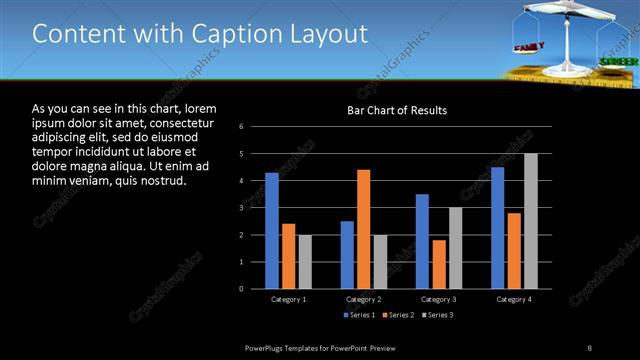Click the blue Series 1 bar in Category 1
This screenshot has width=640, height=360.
(272, 231)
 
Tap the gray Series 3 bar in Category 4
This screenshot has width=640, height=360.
(531, 221)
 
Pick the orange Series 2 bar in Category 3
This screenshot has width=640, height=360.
(438, 264)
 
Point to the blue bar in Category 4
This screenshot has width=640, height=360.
(497, 228)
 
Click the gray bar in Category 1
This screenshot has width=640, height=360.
(305, 262)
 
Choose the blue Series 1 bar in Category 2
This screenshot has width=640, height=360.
(347, 255)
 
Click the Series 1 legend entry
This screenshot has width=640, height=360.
(360, 316)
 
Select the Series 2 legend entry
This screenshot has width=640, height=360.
(396, 316)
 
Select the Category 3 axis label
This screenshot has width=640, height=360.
(438, 299)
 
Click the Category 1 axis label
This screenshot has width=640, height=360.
(289, 299)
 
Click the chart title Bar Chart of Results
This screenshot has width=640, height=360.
(397, 110)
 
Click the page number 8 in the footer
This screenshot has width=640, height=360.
(590, 347)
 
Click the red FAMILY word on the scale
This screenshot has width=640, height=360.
(527, 47)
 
